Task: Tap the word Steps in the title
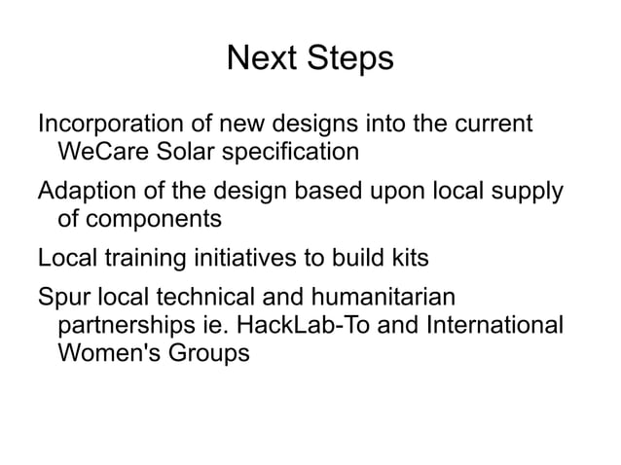(x=348, y=59)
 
